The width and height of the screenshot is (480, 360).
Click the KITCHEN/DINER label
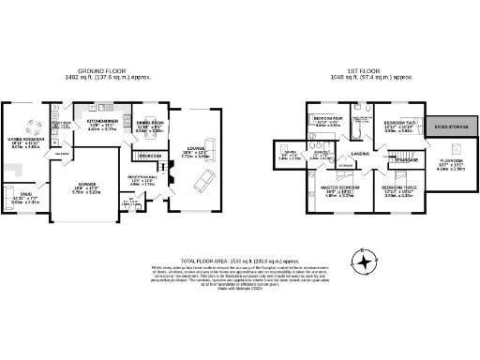101,121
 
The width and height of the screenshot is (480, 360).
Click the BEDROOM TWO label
400,122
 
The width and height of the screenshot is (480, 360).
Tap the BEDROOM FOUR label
329,118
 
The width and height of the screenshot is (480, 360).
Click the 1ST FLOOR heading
367,71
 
